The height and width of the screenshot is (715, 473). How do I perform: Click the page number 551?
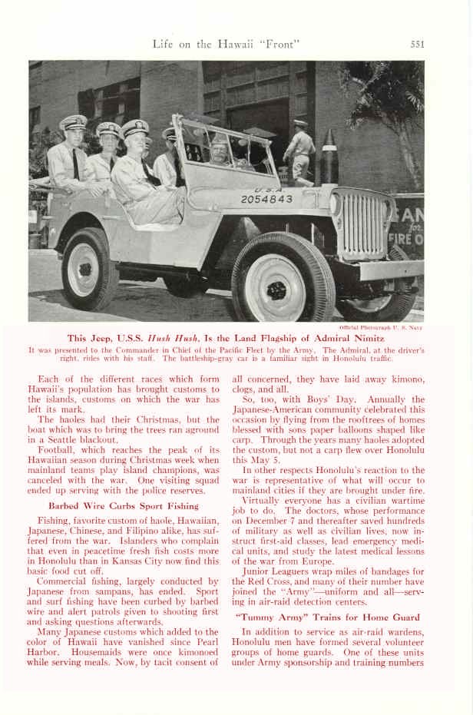[x=417, y=44]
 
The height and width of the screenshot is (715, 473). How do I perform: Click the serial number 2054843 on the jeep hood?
[x=266, y=199]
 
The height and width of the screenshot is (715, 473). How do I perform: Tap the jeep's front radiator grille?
[x=364, y=226]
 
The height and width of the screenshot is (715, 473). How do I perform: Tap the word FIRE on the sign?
[x=407, y=239]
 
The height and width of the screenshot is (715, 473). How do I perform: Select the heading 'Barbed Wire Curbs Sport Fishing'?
[x=124, y=506]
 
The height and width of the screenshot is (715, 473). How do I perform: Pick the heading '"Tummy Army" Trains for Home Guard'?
[x=327, y=617]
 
